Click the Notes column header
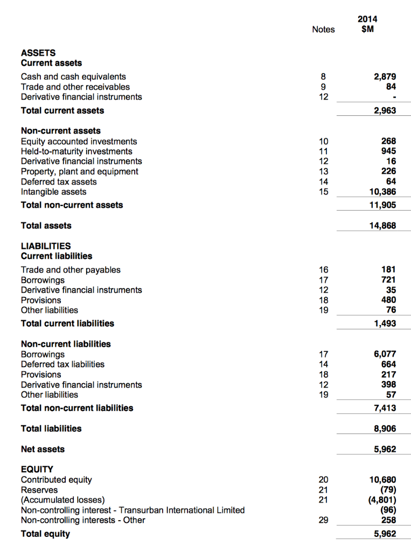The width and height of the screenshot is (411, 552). [x=323, y=29]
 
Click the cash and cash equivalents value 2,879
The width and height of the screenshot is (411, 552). [x=385, y=77]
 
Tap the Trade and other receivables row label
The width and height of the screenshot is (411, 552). [x=75, y=87]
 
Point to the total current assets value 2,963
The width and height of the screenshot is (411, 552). [x=385, y=111]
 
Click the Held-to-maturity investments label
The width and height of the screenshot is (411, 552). [x=76, y=151]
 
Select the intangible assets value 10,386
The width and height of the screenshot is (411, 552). [x=382, y=192]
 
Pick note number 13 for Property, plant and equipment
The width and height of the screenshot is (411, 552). [x=323, y=171]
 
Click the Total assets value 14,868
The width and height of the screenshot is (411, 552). [x=382, y=225]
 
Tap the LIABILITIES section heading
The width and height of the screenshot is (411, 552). [x=45, y=246]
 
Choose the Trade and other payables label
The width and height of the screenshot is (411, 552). [x=71, y=270]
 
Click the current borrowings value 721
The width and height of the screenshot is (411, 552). [x=388, y=280]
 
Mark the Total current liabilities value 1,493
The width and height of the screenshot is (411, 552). [x=385, y=323]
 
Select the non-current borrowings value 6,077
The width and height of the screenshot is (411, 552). [x=385, y=354]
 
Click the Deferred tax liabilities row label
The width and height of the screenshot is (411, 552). [x=62, y=364]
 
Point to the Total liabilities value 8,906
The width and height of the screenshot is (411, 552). [x=385, y=429]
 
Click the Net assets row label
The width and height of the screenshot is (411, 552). [x=43, y=449]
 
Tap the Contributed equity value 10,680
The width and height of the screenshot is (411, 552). [x=382, y=480]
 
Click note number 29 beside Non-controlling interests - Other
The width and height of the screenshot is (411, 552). [x=323, y=520]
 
